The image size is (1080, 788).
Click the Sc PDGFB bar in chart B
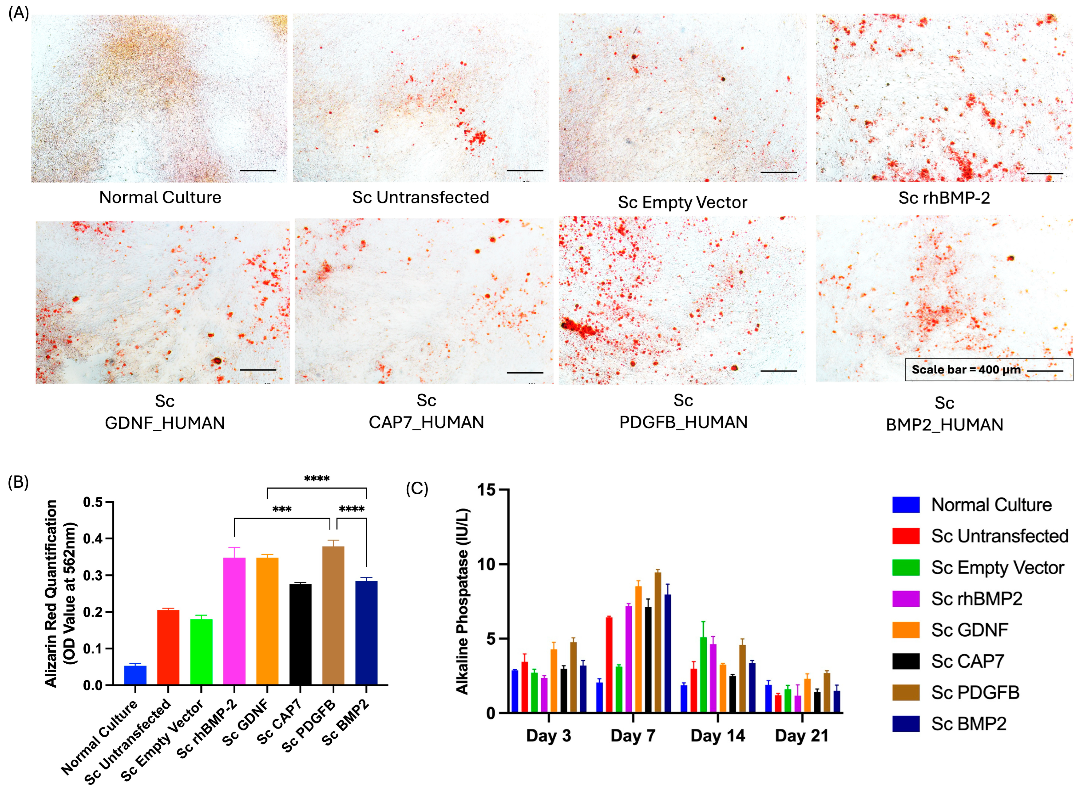point(333,615)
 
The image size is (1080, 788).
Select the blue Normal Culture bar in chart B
point(135,675)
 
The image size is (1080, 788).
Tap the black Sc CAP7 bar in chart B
point(300,634)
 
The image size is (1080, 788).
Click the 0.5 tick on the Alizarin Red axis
point(93,502)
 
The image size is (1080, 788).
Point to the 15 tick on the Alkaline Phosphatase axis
point(486,490)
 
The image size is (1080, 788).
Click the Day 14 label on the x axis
point(717,735)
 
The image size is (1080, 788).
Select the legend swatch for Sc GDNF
point(905,630)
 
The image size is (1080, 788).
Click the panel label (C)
point(416,488)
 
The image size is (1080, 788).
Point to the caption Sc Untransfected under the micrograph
point(421,197)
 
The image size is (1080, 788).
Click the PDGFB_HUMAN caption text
point(683,422)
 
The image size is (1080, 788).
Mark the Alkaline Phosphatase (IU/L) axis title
point(462,601)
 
